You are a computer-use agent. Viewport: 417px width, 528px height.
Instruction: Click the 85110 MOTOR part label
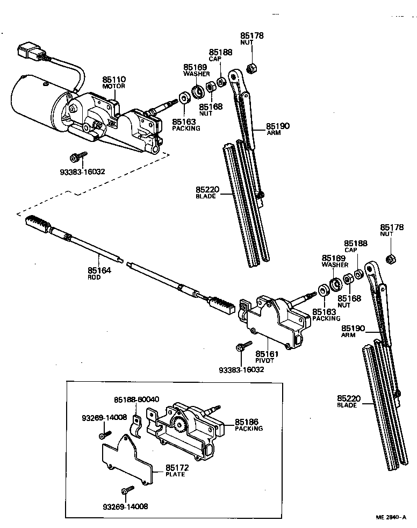(x=113, y=82)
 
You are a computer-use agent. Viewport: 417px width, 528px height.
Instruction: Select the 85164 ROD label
(x=99, y=274)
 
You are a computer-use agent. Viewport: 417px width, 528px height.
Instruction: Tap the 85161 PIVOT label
(x=265, y=356)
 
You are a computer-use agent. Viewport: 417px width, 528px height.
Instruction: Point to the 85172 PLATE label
(x=175, y=470)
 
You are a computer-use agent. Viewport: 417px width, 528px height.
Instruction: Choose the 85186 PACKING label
(x=248, y=425)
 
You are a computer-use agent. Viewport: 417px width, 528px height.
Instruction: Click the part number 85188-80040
(x=136, y=399)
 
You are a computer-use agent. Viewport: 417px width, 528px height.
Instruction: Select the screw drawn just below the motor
(x=76, y=156)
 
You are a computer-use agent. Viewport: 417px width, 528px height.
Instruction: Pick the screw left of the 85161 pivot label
(x=242, y=346)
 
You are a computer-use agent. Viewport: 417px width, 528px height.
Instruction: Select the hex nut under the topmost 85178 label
(x=250, y=68)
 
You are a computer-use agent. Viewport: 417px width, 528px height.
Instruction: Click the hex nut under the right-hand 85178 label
(x=392, y=259)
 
